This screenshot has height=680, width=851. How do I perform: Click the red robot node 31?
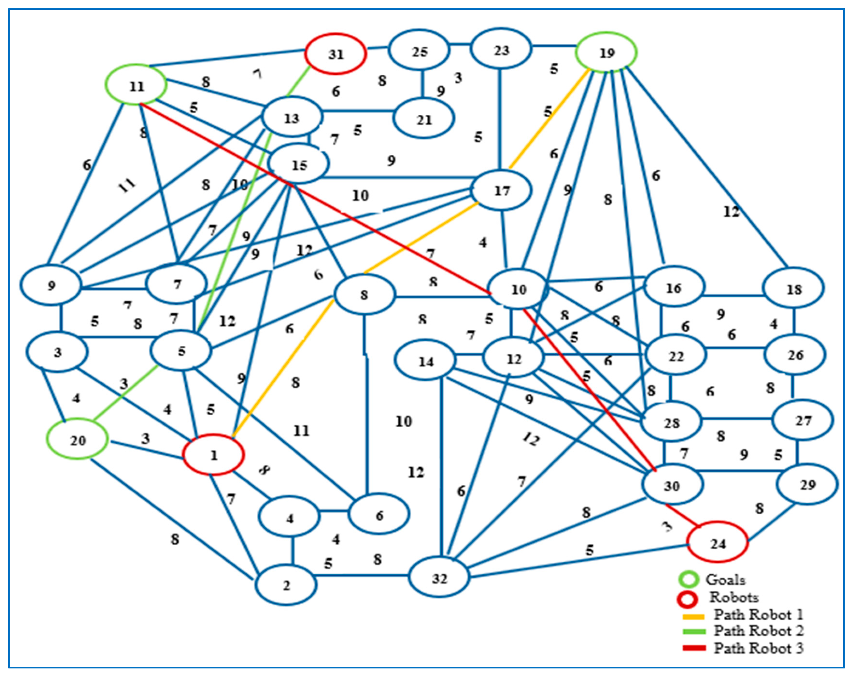pos(335,54)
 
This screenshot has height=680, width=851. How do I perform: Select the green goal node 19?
pos(606,53)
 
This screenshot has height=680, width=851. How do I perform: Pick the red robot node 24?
pos(717,543)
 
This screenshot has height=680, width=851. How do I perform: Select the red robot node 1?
pos(214,455)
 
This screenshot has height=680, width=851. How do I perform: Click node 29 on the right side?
pos(807,484)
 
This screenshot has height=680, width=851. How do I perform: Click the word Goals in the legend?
pos(725,579)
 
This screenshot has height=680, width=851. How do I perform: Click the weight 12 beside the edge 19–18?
pos(731,212)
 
